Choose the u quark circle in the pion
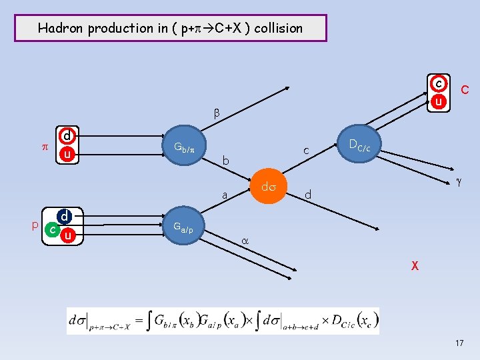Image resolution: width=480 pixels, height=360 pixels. click(x=67, y=154)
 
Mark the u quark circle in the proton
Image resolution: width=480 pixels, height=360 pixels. click(x=66, y=235)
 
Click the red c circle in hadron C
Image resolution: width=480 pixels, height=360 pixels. click(x=439, y=84)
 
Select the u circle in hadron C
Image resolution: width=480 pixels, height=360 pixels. click(x=439, y=101)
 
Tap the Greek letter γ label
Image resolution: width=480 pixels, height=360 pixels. click(x=458, y=181)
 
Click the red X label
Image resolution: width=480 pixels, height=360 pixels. click(x=414, y=265)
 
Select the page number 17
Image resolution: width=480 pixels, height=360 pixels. click(x=459, y=343)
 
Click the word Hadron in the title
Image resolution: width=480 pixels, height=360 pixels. click(x=58, y=28)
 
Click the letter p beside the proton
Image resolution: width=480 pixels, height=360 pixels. click(x=35, y=225)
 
